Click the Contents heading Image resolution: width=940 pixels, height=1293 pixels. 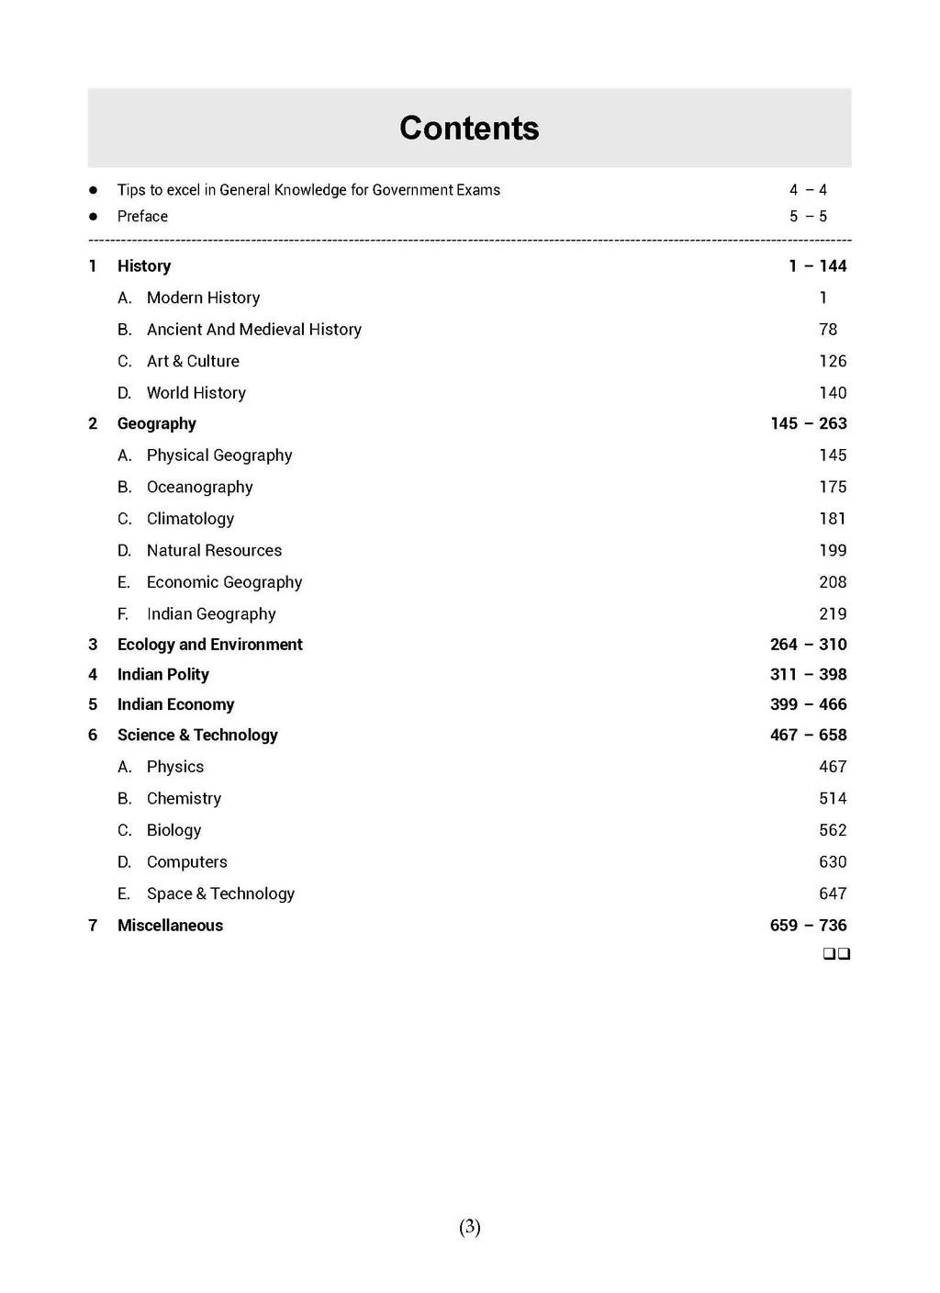[x=469, y=129]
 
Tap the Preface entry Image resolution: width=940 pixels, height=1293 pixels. [x=142, y=217]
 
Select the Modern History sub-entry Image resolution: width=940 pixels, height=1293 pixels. [x=203, y=298]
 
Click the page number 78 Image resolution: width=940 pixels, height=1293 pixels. [x=828, y=330]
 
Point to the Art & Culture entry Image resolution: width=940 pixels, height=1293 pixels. [x=193, y=361]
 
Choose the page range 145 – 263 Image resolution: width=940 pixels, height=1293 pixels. [x=808, y=423]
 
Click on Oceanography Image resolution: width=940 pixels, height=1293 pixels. [x=199, y=487]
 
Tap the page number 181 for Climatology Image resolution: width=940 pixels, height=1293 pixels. [x=832, y=519]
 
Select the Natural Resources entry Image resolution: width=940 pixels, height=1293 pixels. [x=214, y=550]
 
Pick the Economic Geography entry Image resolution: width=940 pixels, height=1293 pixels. [x=224, y=582]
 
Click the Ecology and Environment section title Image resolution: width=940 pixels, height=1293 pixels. [x=209, y=645]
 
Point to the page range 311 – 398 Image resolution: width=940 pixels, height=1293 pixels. [x=808, y=675]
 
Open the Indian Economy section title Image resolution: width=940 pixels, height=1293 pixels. [x=175, y=704]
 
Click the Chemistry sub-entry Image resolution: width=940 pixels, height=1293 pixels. [x=184, y=799]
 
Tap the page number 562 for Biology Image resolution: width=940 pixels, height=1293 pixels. [x=832, y=830]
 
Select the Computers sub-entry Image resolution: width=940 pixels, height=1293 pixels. [x=186, y=862]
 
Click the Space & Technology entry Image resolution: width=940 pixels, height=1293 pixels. [x=220, y=894]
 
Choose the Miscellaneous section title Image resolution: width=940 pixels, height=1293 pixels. [x=170, y=926]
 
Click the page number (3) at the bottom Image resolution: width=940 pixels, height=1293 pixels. [x=469, y=1227]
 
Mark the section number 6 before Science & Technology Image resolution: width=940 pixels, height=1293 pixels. [x=93, y=736]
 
